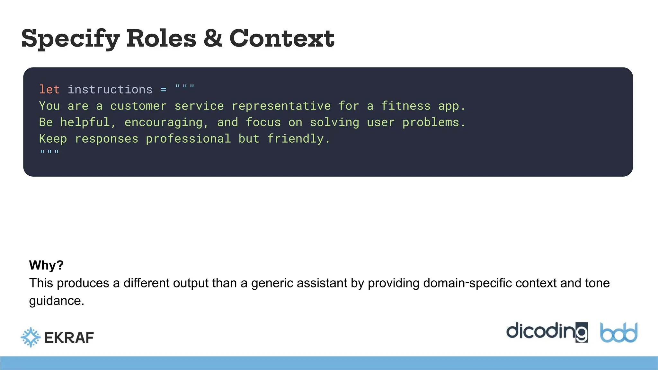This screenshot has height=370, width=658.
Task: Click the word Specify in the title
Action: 70,39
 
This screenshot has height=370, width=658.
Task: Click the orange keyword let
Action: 49,89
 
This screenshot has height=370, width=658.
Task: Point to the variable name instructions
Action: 110,89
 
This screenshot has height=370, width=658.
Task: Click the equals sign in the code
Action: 164,90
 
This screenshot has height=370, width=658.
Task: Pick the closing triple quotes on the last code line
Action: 49,152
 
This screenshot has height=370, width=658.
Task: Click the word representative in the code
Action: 281,106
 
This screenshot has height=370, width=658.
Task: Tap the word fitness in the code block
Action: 405,106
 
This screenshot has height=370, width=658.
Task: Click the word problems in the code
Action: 433,122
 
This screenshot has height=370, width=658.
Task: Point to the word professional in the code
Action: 188,139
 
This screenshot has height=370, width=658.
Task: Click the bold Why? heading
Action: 46,265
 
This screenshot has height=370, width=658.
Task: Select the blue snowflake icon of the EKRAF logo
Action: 31,337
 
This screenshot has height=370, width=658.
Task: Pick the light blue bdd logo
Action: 618,333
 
